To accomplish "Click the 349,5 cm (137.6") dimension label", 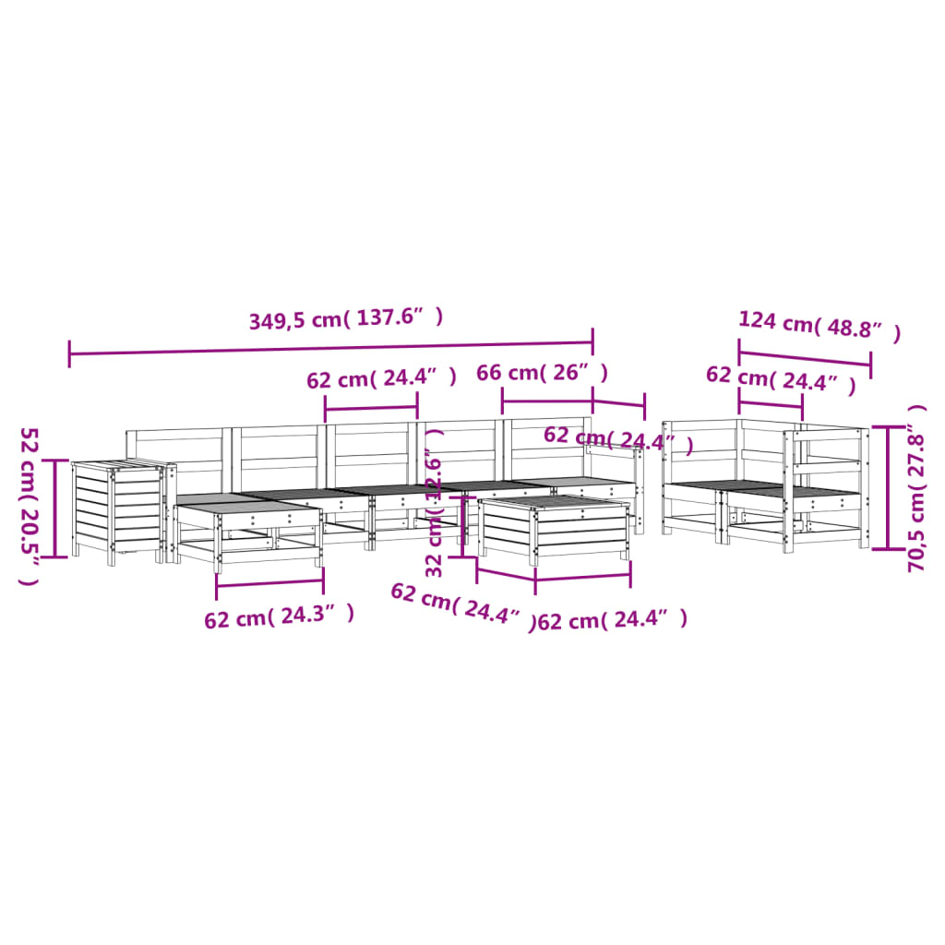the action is point(346,318).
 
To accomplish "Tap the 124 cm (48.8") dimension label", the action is point(819,326).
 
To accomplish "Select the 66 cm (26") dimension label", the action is point(542,373).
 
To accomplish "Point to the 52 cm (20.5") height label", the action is point(29,507).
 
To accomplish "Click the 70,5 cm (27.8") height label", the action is point(916,488).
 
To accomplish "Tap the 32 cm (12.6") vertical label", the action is point(434,503).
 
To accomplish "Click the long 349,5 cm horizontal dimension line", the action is point(331,348).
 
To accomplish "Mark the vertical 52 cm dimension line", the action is point(56,508).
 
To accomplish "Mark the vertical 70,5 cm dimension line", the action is point(888,487).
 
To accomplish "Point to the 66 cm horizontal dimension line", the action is point(547,401).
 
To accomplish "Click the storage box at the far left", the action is point(119,511).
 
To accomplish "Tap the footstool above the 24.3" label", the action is point(248,532).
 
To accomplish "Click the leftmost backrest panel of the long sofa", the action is point(174,461).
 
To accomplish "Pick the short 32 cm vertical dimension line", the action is point(463,527).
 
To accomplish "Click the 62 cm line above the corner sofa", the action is point(771,404).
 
